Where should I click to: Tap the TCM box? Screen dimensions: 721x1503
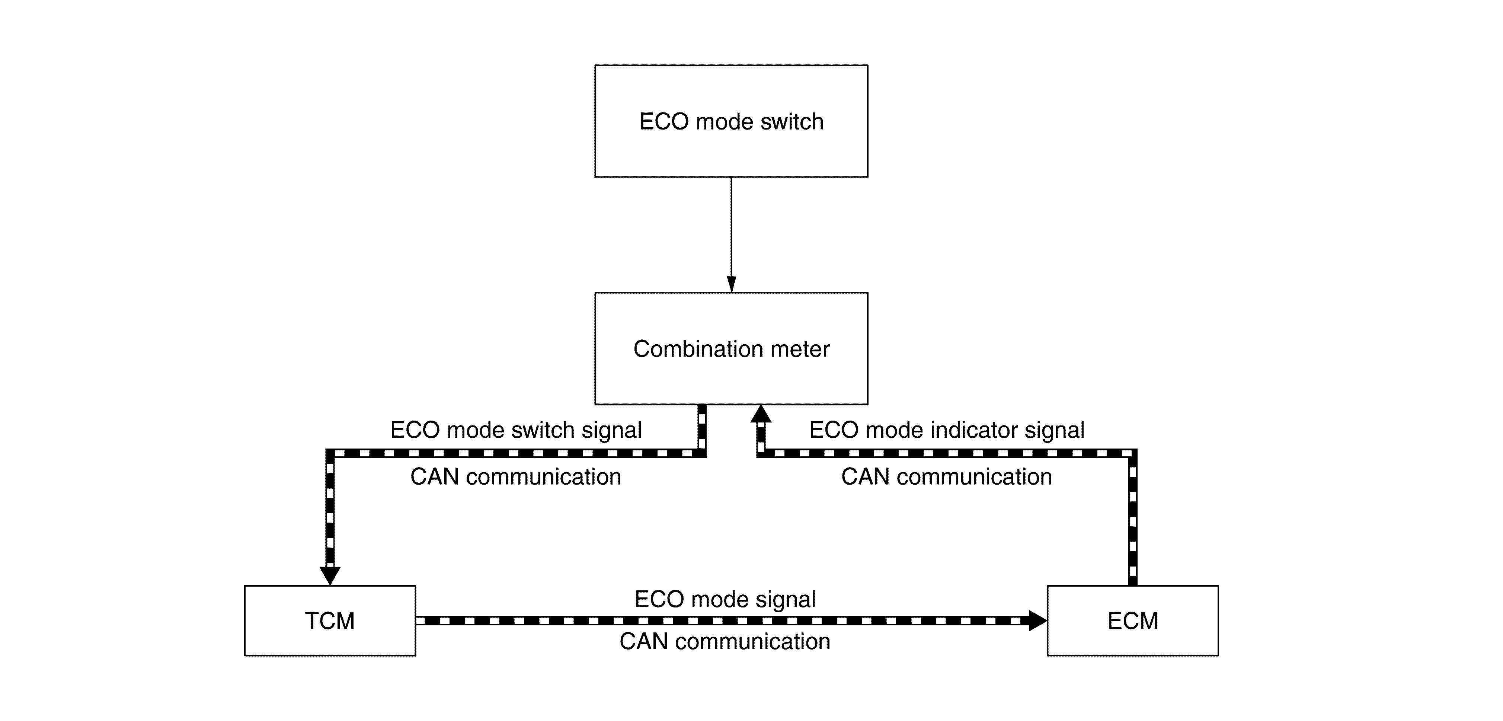click(x=330, y=620)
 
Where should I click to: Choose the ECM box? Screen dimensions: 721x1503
click(x=1132, y=620)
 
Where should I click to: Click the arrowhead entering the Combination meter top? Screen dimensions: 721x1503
click(x=731, y=284)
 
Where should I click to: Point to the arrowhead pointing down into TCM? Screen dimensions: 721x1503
click(x=330, y=575)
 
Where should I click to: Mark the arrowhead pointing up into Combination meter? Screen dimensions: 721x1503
click(x=761, y=413)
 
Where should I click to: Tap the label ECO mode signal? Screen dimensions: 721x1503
click(x=725, y=599)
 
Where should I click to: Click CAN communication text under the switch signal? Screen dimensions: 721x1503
click(x=516, y=476)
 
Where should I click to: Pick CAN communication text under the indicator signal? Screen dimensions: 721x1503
click(x=946, y=476)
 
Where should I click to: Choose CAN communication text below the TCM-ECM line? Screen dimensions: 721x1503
click(x=725, y=641)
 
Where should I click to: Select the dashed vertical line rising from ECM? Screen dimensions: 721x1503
click(x=1132, y=520)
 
